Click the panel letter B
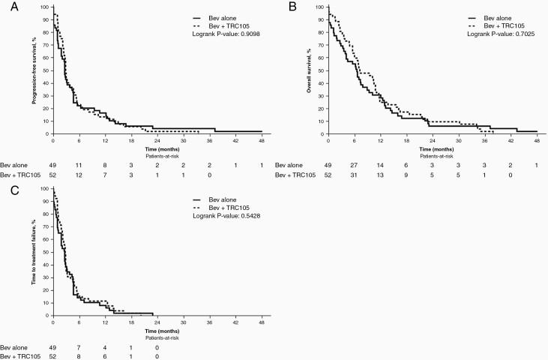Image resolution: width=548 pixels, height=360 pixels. (x=282, y=6)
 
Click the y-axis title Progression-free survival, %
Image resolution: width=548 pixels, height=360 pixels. (x=34, y=71)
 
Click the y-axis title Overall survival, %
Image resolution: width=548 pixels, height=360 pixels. (x=310, y=71)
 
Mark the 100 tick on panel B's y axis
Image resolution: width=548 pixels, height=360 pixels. (x=320, y=7)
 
